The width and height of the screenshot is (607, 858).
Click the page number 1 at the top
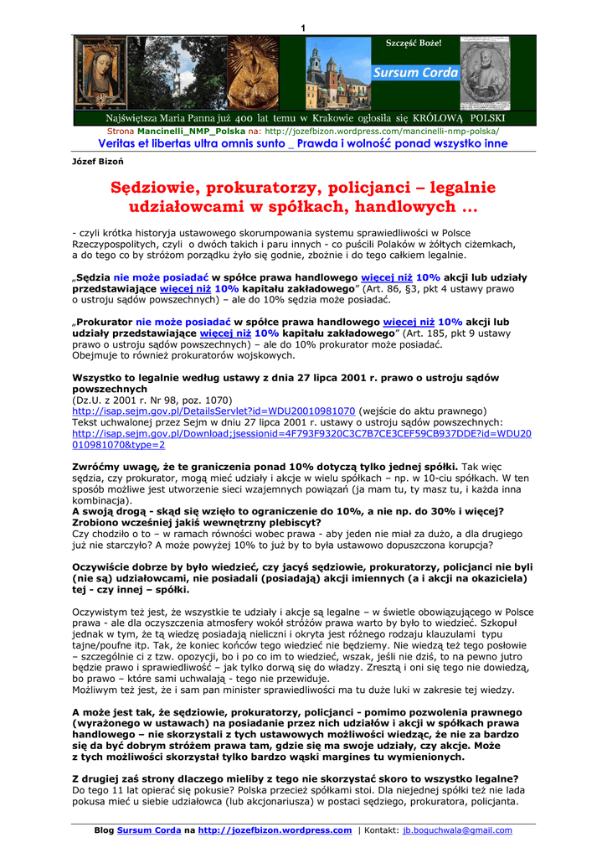[x=303, y=29]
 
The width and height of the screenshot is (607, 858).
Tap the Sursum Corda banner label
[x=415, y=73]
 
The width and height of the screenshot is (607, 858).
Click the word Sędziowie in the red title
[x=162, y=188]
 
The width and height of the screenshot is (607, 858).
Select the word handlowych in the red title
[x=410, y=206]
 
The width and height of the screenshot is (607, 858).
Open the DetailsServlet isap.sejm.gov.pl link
[x=213, y=411]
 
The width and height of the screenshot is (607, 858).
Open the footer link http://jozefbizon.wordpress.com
[x=275, y=830]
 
